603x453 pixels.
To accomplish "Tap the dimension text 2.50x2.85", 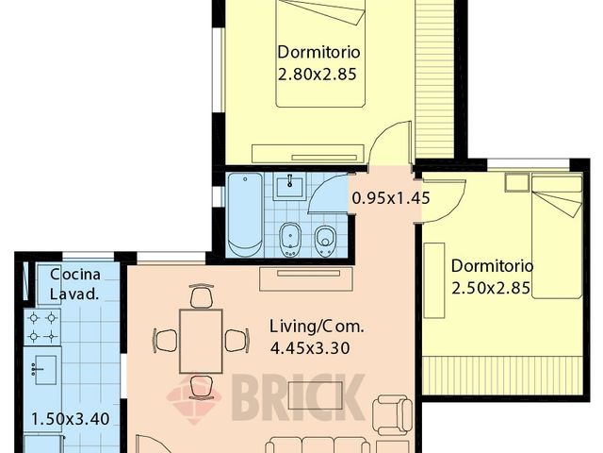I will (493, 286).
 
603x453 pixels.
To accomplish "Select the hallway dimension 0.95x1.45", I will (390, 199).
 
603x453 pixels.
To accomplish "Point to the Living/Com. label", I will (317, 327).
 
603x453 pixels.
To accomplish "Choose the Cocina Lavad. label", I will (74, 284).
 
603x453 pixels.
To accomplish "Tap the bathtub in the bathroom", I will (245, 216).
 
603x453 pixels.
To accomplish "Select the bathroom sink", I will (289, 186).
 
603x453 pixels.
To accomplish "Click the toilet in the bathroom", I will (326, 240).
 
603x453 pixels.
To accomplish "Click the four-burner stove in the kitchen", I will (43, 327).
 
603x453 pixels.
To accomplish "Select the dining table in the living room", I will (200, 340).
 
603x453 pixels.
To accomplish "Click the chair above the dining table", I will (200, 297).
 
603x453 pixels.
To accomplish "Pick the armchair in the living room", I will (392, 414).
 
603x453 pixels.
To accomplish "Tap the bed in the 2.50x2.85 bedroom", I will (557, 236).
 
